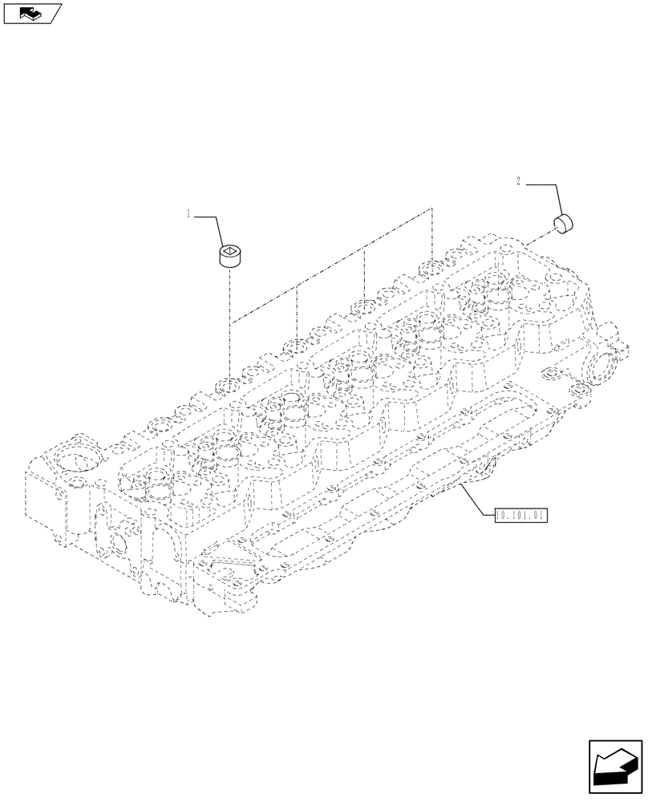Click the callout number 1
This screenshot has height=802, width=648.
pos(188,214)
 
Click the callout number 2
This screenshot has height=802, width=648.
pos(519,183)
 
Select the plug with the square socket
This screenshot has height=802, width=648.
pos(229,257)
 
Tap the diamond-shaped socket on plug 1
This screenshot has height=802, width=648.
pos(229,253)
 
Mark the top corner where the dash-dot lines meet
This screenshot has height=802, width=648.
pos(431,209)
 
